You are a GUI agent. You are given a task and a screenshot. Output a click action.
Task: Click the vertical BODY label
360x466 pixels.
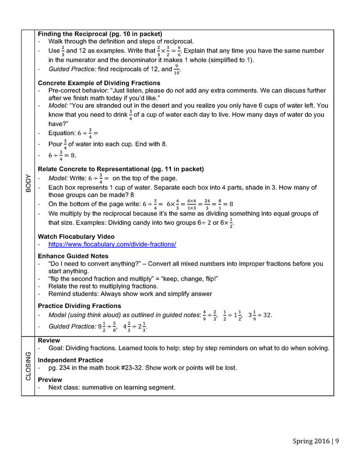pos(28,183)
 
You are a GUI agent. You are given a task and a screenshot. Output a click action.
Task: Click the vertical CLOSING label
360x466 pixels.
pos(28,366)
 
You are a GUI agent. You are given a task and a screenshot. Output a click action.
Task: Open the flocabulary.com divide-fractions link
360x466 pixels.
pos(112,245)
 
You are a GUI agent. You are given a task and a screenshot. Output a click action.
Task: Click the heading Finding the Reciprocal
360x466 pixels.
pos(100,34)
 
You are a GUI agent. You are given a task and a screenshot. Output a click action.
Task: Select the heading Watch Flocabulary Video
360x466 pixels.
pos(76,236)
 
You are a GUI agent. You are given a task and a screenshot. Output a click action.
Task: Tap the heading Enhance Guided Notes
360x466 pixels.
pos(73,256)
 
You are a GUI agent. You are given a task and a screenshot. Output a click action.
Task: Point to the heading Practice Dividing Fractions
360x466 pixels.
pos(79,306)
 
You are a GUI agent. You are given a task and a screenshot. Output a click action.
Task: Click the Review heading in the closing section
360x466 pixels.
pos(49,340)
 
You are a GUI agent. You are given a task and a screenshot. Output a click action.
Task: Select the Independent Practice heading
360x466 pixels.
pos(70,360)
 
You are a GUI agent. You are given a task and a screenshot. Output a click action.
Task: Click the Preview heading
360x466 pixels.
pos(50,380)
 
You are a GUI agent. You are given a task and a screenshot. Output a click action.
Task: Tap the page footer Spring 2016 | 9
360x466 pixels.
pos(316,441)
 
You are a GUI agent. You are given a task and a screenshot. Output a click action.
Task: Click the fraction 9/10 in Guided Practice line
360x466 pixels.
pos(177,69)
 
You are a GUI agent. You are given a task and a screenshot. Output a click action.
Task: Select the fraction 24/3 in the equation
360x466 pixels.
pos(207,204)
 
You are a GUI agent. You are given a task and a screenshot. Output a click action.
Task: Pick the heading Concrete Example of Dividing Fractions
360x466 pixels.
pos(99,83)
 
